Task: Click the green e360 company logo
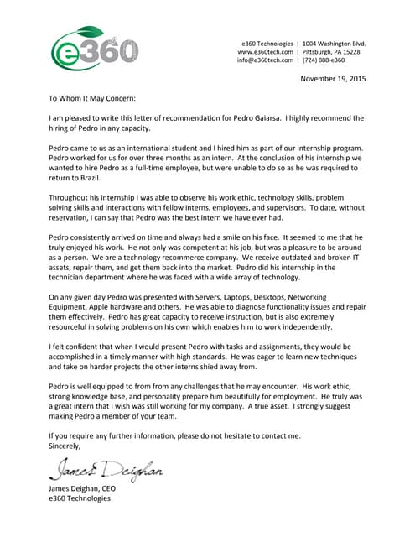tap(94, 48)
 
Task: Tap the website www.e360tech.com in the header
tap(266, 51)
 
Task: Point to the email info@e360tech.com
tap(265, 60)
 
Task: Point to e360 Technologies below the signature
tap(80, 498)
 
